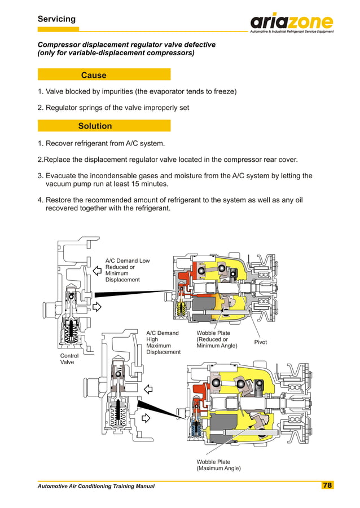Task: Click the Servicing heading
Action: [x=56, y=19]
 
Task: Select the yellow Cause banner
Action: [x=104, y=75]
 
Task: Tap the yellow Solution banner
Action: [x=104, y=126]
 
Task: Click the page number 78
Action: [x=327, y=485]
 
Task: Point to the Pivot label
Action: [x=261, y=342]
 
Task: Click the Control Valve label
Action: [x=69, y=359]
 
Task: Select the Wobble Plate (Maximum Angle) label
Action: [x=218, y=465]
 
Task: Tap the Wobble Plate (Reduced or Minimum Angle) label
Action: [x=217, y=339]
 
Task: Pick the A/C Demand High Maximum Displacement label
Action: [x=163, y=342]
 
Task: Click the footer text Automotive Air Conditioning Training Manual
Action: [x=96, y=486]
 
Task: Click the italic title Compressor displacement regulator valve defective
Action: [x=126, y=45]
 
